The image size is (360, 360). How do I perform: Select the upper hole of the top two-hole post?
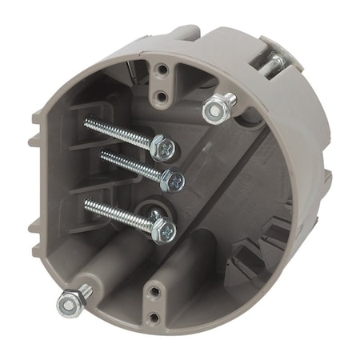[x=162, y=70]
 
